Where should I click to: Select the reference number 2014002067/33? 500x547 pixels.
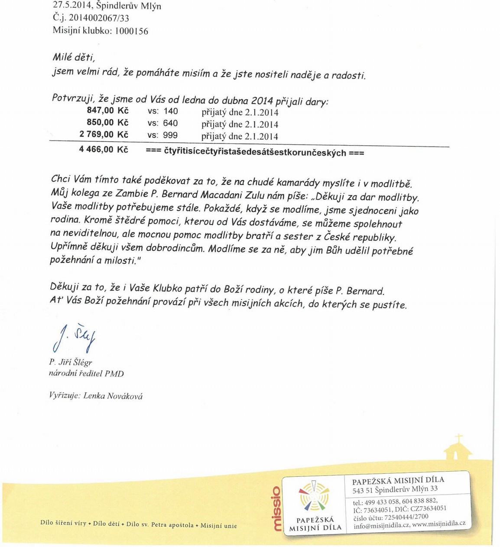pyautogui.click(x=99, y=18)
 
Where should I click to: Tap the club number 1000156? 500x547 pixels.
pyautogui.click(x=132, y=31)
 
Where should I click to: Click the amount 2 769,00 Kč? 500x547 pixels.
pyautogui.click(x=104, y=134)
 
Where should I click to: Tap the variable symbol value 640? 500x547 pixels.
pyautogui.click(x=170, y=123)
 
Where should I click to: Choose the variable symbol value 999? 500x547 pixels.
pyautogui.click(x=170, y=135)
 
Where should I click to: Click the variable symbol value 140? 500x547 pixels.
pyautogui.click(x=170, y=111)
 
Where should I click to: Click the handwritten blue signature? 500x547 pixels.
pyautogui.click(x=74, y=337)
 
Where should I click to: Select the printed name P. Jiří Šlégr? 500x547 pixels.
pyautogui.click(x=71, y=362)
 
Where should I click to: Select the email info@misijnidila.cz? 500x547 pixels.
pyautogui.click(x=381, y=525)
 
